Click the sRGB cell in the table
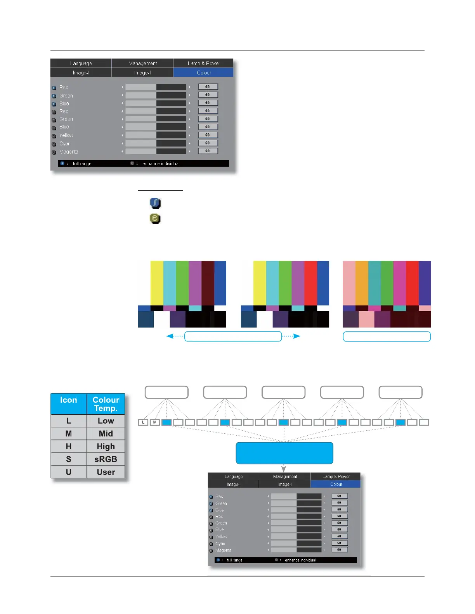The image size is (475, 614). click(x=106, y=459)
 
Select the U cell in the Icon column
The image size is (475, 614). click(x=69, y=472)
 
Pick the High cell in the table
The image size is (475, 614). click(x=106, y=446)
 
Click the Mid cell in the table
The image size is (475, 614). click(x=106, y=433)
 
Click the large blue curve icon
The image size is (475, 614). click(x=155, y=203)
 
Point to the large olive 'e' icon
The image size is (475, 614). click(x=155, y=219)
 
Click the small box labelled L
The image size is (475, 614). click(x=143, y=422)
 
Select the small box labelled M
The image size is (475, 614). click(x=155, y=422)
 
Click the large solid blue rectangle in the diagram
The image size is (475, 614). click(x=284, y=453)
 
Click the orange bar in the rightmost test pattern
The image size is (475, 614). click(x=362, y=283)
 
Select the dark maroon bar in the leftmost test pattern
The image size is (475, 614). click(x=208, y=283)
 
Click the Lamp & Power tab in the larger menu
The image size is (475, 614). click(x=204, y=63)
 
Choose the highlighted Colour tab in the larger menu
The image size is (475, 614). click(x=204, y=72)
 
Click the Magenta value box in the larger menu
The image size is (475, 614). click(x=208, y=151)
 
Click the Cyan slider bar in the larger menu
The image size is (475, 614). click(x=156, y=143)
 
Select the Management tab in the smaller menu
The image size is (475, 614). click(x=285, y=476)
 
